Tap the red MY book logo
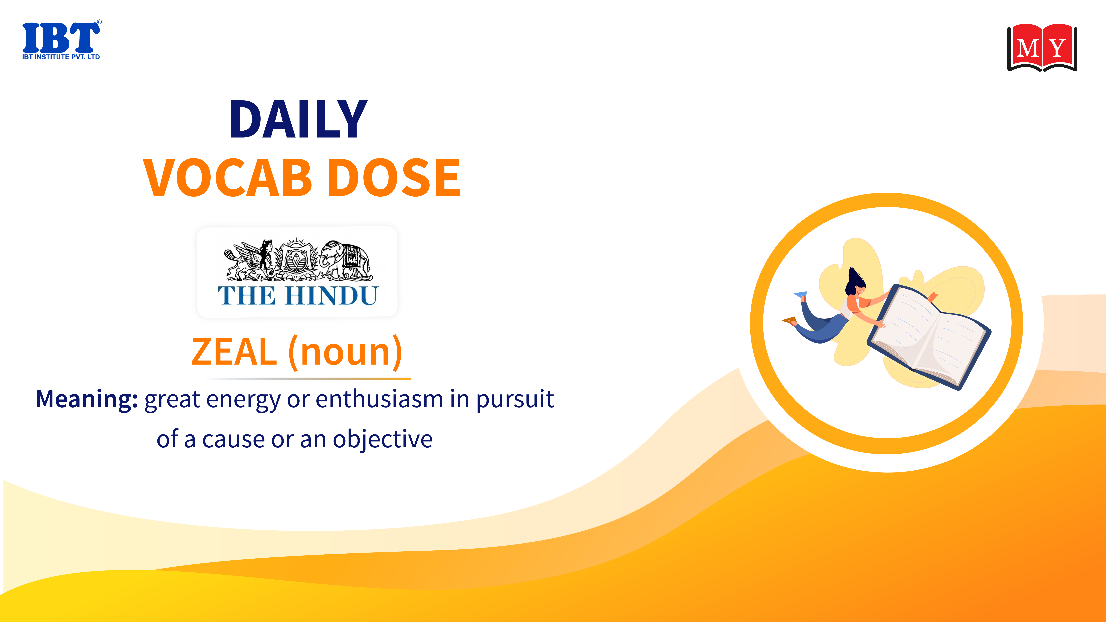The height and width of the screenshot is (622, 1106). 1042,48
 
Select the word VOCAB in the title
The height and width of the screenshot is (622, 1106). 228,177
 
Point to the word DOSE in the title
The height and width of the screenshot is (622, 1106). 394,177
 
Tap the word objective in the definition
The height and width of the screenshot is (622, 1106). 383,439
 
